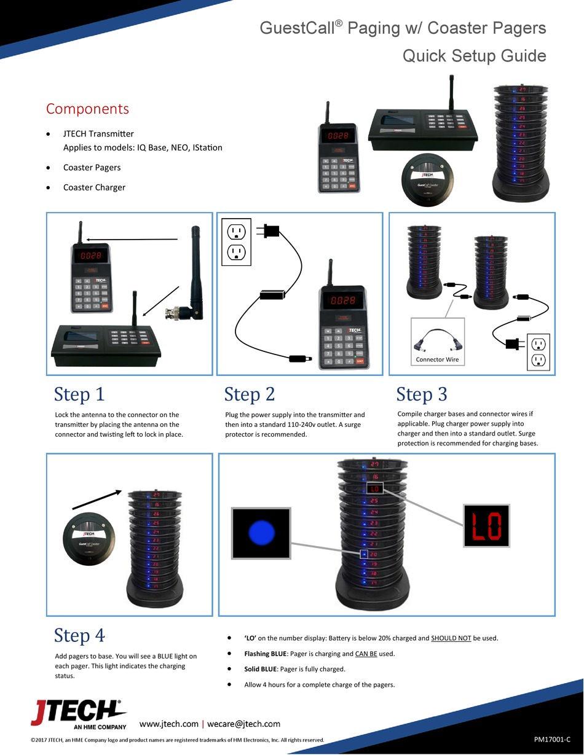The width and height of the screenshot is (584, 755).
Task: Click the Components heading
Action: (88, 109)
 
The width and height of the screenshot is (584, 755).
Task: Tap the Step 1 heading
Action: (79, 394)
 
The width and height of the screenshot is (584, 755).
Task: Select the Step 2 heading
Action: (250, 394)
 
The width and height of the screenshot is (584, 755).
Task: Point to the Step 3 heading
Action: (422, 394)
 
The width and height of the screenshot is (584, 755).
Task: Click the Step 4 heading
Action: (79, 636)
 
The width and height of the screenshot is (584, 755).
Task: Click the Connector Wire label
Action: (437, 359)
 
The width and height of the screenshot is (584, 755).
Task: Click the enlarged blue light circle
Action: (261, 533)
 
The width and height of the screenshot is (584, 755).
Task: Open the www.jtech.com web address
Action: (169, 724)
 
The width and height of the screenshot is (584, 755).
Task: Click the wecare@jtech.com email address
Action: (243, 724)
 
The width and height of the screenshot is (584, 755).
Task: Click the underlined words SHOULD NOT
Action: (451, 638)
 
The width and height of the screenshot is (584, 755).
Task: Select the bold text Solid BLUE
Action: (261, 669)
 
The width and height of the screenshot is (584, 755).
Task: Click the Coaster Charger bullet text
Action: (94, 187)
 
